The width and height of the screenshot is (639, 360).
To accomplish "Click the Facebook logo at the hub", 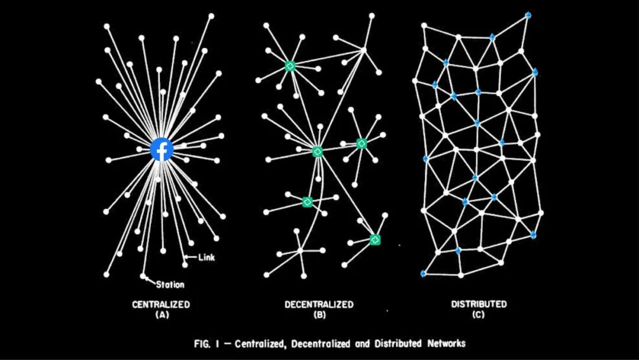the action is pyautogui.click(x=162, y=149).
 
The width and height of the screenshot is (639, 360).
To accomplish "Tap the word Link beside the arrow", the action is pyautogui.click(x=206, y=257).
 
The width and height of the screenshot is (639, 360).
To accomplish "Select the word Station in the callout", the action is pyautogui.click(x=170, y=284).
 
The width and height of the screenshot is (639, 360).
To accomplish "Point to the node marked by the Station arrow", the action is pyautogui.click(x=143, y=276).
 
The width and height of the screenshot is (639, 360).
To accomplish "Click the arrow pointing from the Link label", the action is pyautogui.click(x=191, y=257).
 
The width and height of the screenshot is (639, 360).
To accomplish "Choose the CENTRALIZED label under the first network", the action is pyautogui.click(x=161, y=304).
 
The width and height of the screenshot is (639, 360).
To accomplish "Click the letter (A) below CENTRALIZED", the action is pyautogui.click(x=161, y=315).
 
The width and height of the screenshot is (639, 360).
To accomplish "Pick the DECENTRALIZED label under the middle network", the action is pyautogui.click(x=319, y=304).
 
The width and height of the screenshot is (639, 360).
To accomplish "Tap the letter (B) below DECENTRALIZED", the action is pyautogui.click(x=319, y=315).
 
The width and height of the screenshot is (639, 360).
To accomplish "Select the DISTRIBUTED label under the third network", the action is pyautogui.click(x=479, y=304).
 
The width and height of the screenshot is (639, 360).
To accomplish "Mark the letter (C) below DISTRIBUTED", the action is pyautogui.click(x=479, y=315).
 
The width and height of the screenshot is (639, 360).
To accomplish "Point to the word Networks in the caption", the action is pyautogui.click(x=444, y=343).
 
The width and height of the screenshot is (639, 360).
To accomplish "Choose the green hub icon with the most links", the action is pyautogui.click(x=318, y=152).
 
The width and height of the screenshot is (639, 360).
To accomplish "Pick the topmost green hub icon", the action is pyautogui.click(x=290, y=66).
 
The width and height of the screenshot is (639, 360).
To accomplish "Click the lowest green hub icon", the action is pyautogui.click(x=375, y=240).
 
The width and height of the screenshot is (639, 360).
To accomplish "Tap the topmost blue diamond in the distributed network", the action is pyautogui.click(x=528, y=15).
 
